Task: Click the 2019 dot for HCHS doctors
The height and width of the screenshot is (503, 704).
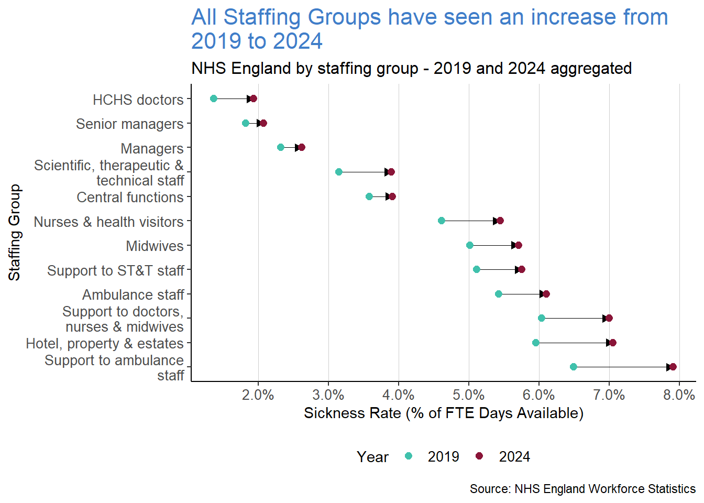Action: tap(214, 99)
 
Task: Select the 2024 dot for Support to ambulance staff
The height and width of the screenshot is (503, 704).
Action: tap(673, 367)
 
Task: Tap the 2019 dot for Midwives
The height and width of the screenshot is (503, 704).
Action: tap(470, 245)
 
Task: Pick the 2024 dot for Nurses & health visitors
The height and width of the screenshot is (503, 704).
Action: tap(500, 221)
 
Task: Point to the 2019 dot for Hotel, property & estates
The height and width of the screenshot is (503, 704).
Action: tap(535, 343)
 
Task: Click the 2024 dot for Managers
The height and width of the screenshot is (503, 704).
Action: tap(301, 147)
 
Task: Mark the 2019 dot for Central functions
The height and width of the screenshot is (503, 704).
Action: tap(369, 196)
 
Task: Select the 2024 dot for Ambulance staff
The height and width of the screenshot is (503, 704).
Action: tap(546, 294)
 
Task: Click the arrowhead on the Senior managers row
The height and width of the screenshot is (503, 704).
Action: tap(259, 123)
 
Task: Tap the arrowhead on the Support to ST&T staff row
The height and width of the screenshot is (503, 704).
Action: tap(517, 269)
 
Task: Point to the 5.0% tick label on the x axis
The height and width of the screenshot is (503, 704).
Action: tap(469, 395)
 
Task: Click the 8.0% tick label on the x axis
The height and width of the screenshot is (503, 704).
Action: tap(679, 395)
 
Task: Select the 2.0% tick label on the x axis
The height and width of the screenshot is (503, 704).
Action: tap(258, 395)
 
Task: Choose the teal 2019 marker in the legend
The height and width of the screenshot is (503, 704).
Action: tap(409, 456)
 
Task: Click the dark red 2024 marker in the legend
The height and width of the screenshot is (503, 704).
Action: tap(479, 456)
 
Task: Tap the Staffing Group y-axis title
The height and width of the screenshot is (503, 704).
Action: tap(14, 232)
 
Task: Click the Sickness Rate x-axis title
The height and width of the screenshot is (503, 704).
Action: tap(443, 413)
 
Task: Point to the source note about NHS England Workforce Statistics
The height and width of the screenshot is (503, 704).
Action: tap(582, 489)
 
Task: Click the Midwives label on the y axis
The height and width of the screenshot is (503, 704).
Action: tap(155, 246)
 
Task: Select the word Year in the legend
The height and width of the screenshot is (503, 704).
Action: tap(372, 457)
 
